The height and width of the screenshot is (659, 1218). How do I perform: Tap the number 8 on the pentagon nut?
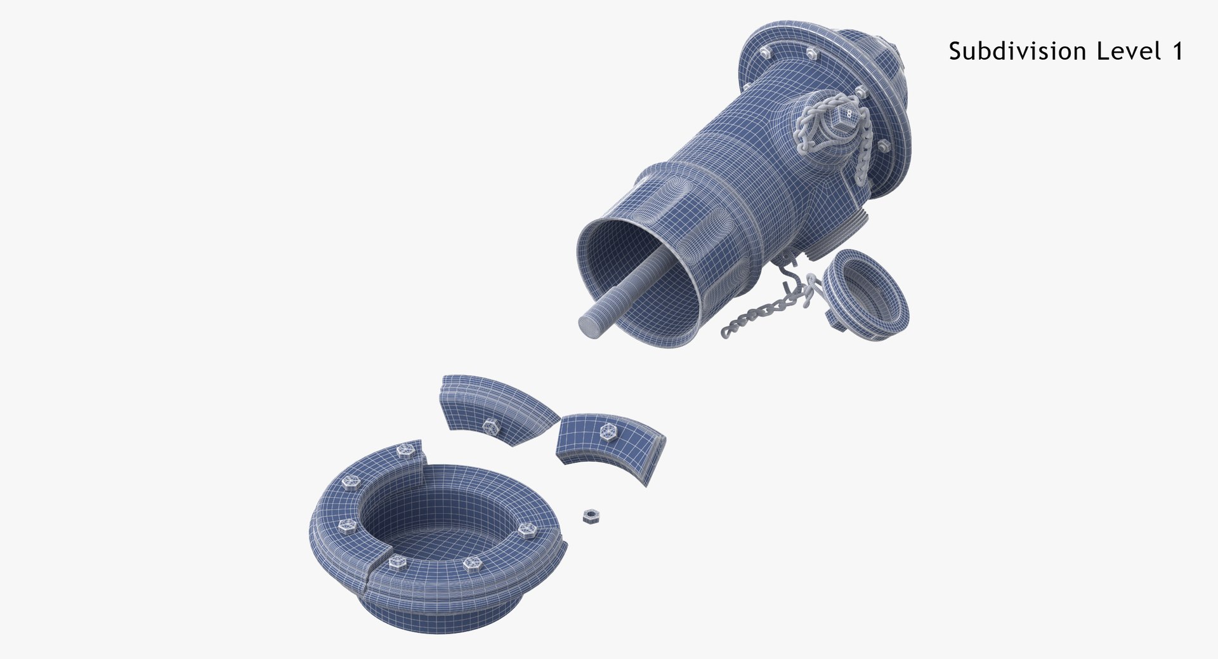click(849, 114)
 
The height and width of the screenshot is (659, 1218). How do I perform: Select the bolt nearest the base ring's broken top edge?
click(403, 452)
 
